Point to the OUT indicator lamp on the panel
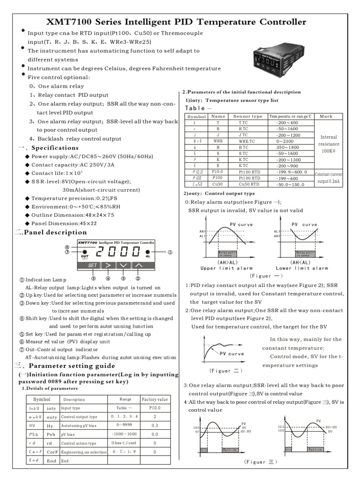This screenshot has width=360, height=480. tap(85, 251)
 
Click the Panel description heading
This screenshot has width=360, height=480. tap(54, 232)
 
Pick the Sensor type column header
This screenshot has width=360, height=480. tap(247, 116)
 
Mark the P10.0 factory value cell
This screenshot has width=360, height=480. tap(154, 408)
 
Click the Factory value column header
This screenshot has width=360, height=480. tap(155, 399)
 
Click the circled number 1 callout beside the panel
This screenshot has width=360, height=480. tap(170, 252)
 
